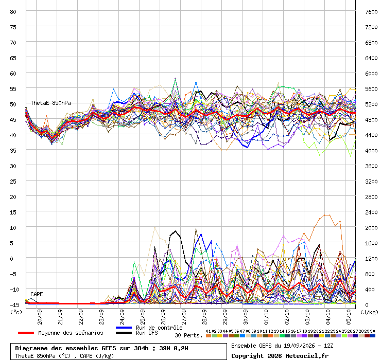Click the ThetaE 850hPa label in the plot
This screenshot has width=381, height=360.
[50, 103]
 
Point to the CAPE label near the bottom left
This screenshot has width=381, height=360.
[37, 294]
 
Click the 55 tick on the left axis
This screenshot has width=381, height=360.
[13, 89]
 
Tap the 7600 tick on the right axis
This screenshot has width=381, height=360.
[371, 12]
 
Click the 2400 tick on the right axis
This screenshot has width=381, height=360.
[371, 212]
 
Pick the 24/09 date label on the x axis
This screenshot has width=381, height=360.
[122, 317]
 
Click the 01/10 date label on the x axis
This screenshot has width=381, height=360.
[266, 317]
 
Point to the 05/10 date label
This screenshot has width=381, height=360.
[349, 317]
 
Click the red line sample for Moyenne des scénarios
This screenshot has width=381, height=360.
[26, 333]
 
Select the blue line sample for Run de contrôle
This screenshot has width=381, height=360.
[124, 328]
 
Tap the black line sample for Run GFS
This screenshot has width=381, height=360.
[124, 333]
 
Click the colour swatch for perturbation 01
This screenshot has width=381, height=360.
[208, 336]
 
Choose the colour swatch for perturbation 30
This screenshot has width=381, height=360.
[372, 336]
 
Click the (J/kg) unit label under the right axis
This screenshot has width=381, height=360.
[369, 312]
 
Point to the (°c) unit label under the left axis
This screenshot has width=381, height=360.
[16, 312]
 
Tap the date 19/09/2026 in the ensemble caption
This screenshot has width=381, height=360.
[298, 346]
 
